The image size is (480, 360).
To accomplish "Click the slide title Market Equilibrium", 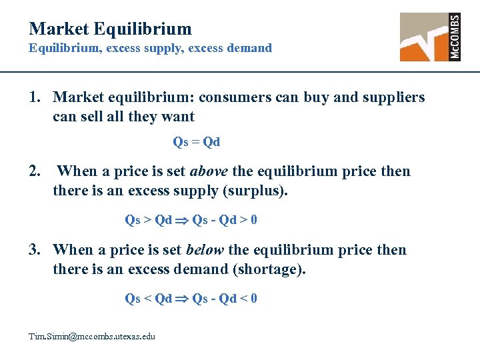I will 110,29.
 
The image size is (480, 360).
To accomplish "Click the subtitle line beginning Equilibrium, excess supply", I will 150,48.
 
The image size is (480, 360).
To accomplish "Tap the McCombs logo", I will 430,37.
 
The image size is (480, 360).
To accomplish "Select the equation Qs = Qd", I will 197,142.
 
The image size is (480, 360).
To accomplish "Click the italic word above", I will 209,171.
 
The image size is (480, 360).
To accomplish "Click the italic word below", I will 205,250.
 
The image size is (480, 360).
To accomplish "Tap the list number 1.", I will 35,97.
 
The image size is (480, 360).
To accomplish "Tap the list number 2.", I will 35,171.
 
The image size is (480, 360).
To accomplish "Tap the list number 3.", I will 35,250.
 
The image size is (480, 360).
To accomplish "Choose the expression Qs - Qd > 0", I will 225,219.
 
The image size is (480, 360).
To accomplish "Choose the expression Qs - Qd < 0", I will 225,298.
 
